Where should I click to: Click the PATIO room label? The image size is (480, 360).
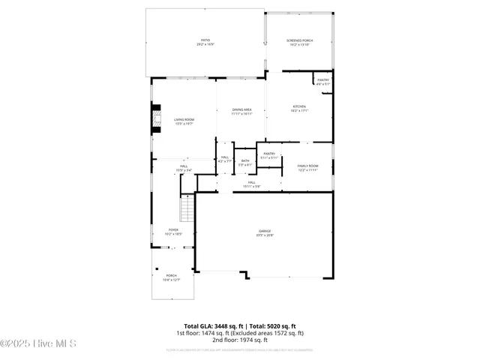[x=205, y=42]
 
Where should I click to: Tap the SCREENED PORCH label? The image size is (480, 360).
[x=299, y=42]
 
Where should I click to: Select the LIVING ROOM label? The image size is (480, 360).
[x=184, y=121]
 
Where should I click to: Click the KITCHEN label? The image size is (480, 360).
[x=299, y=109]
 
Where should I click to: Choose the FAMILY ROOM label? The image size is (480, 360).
[x=308, y=167]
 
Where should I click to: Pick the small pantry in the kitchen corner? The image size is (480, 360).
[x=322, y=82]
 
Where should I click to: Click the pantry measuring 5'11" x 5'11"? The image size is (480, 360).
[x=269, y=156]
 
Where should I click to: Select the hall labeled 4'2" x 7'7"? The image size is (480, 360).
[x=225, y=159]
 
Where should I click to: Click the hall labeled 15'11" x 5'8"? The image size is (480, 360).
[x=252, y=184]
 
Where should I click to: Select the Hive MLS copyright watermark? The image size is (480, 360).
[x=39, y=344]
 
